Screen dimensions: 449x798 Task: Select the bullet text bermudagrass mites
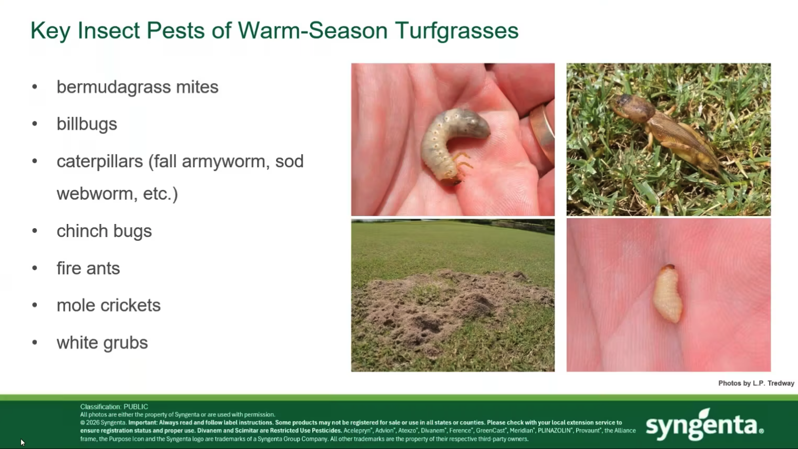click(x=137, y=87)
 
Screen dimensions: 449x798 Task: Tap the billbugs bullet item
click(x=87, y=124)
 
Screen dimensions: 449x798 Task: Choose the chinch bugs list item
click(x=104, y=231)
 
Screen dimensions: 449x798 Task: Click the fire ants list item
click(x=88, y=268)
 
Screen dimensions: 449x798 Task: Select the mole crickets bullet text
click(x=108, y=305)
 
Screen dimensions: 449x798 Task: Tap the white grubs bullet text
click(x=102, y=343)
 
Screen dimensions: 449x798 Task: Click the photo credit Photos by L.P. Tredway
click(x=756, y=383)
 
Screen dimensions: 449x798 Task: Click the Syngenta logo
click(x=704, y=424)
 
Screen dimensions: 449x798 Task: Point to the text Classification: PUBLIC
click(x=114, y=406)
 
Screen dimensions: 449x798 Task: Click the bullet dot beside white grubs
click(x=35, y=343)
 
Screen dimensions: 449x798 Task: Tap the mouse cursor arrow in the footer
click(x=22, y=442)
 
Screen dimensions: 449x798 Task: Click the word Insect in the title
click(x=109, y=30)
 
